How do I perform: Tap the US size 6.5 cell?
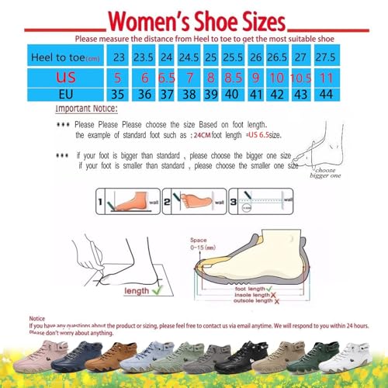166,79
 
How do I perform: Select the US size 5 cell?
120,79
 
